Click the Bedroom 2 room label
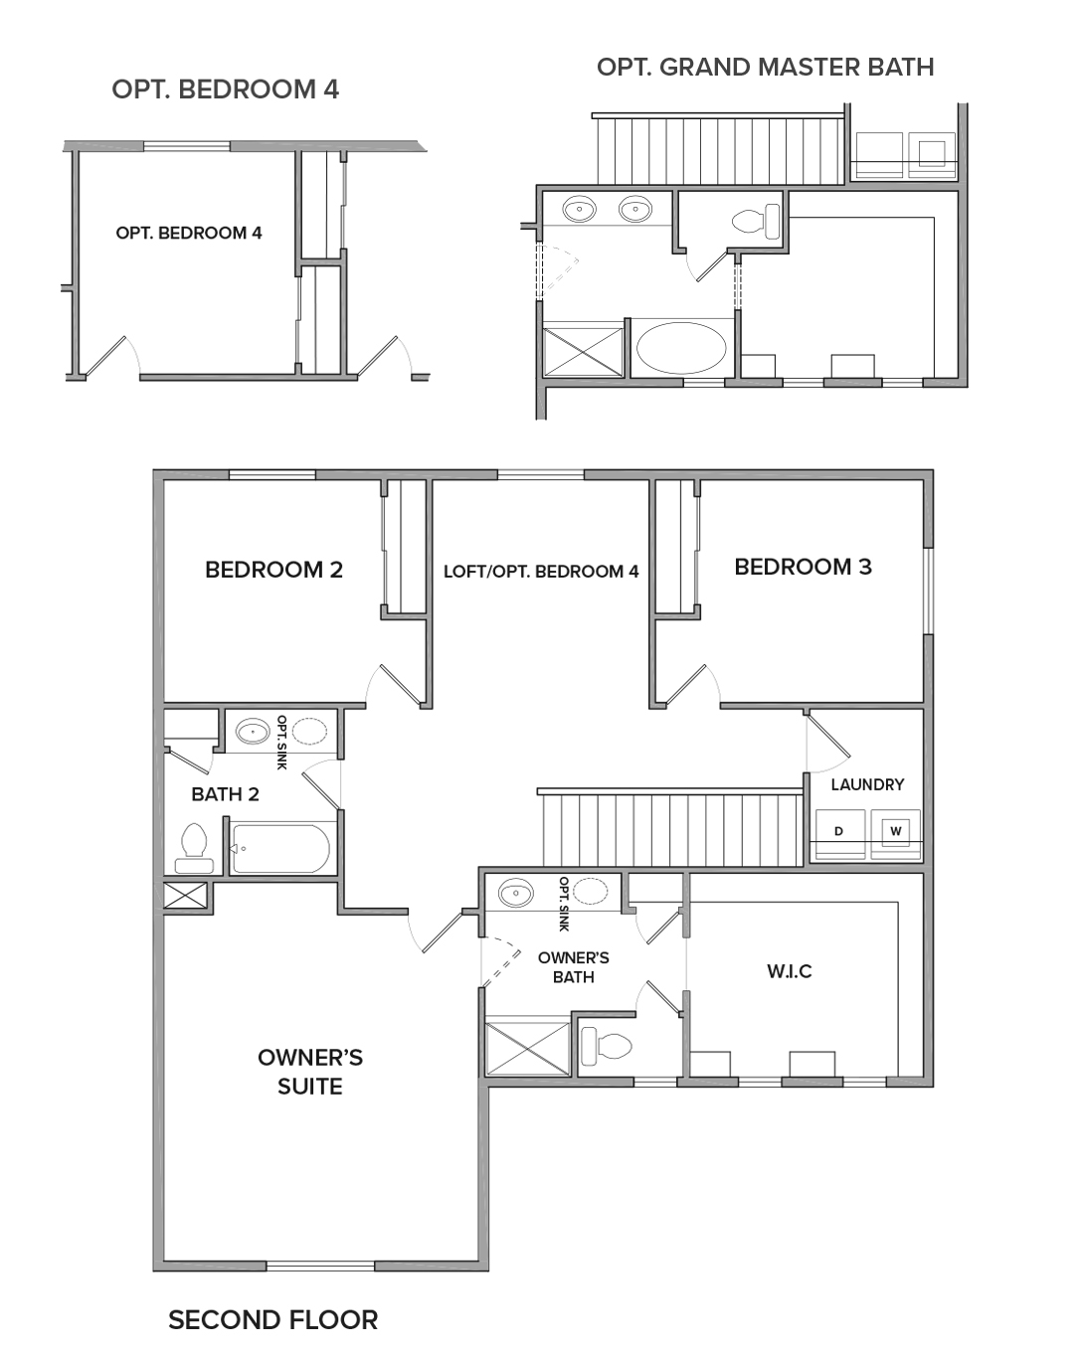pyautogui.click(x=274, y=570)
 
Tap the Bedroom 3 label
pyautogui.click(x=804, y=567)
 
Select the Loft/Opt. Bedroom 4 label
pyautogui.click(x=541, y=571)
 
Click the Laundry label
pyautogui.click(x=867, y=784)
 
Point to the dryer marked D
pyautogui.click(x=839, y=833)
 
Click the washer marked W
pyautogui.click(x=896, y=833)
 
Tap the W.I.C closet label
pyautogui.click(x=790, y=971)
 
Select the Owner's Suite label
pyautogui.click(x=310, y=1072)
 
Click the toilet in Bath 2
pyautogui.click(x=194, y=848)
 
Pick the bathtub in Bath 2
pyautogui.click(x=280, y=848)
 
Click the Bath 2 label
pyautogui.click(x=225, y=794)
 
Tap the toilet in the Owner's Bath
pyautogui.click(x=606, y=1046)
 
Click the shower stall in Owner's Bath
pyautogui.click(x=528, y=1049)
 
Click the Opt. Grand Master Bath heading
pyautogui.click(x=765, y=67)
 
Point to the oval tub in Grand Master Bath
pyautogui.click(x=681, y=348)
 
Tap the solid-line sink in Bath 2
pyautogui.click(x=253, y=732)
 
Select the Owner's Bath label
pyautogui.click(x=573, y=967)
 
